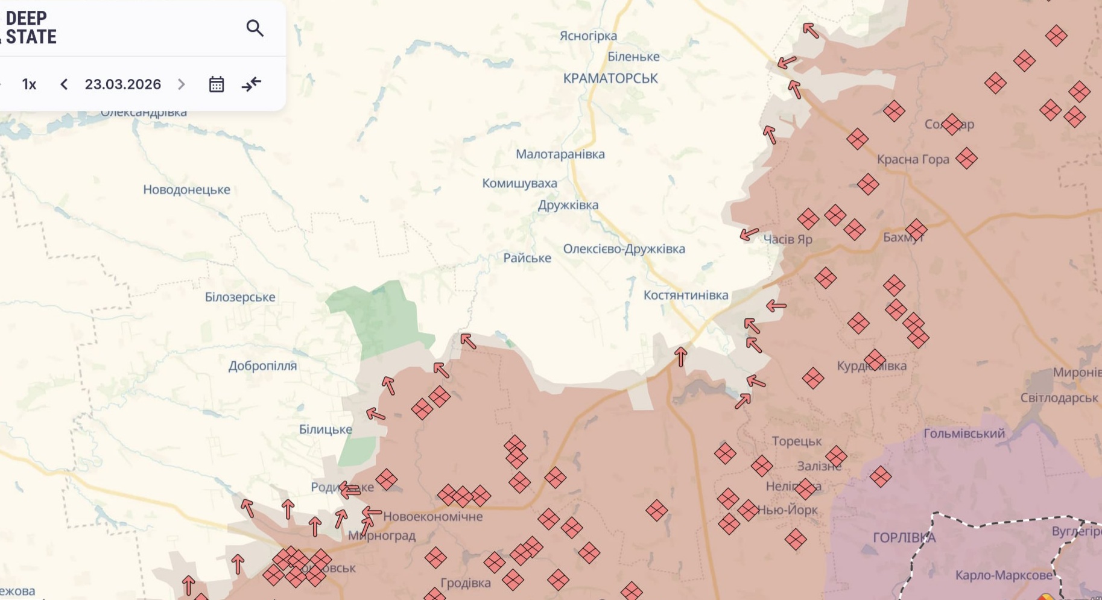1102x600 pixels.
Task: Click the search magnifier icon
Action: pyautogui.click(x=255, y=28)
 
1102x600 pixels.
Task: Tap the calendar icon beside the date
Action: pyautogui.click(x=217, y=84)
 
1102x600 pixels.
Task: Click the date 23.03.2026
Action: pyautogui.click(x=123, y=84)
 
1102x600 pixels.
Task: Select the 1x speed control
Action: pyautogui.click(x=29, y=84)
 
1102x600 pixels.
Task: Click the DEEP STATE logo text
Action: pyautogui.click(x=30, y=28)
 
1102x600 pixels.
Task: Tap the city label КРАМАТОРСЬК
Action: pyautogui.click(x=610, y=78)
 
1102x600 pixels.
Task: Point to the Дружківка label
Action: pyautogui.click(x=568, y=205)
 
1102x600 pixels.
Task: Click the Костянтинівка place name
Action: pyautogui.click(x=686, y=295)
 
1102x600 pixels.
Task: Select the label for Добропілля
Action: pyautogui.click(x=262, y=366)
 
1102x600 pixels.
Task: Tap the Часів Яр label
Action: pyautogui.click(x=788, y=239)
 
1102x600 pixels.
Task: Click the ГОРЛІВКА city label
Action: pyautogui.click(x=904, y=538)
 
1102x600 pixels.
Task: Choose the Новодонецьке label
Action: pyautogui.click(x=186, y=190)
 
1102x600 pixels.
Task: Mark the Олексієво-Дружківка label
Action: pyautogui.click(x=624, y=249)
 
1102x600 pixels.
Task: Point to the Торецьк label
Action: pyautogui.click(x=797, y=441)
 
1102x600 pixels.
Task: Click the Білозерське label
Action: pyautogui.click(x=240, y=297)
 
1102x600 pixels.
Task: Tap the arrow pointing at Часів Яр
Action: pyautogui.click(x=749, y=233)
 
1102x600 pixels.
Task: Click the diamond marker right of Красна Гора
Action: pyautogui.click(x=966, y=159)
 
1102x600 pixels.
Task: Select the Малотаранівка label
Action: pyautogui.click(x=560, y=154)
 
